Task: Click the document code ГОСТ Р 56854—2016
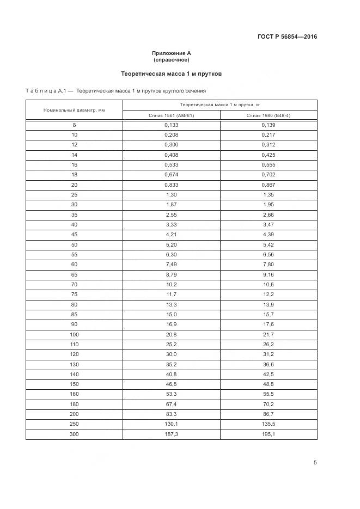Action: (x=287, y=37)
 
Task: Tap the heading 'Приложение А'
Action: (x=172, y=53)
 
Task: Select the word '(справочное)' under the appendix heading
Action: (x=172, y=59)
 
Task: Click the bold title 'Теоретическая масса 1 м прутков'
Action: (x=171, y=73)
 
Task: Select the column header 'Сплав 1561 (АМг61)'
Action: (x=172, y=115)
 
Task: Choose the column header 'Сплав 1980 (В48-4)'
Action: (x=269, y=115)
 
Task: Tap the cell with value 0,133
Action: (x=172, y=125)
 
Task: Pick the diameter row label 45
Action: (x=74, y=235)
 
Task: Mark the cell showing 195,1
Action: (x=269, y=434)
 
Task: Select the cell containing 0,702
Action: (x=269, y=175)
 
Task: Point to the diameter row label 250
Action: (x=74, y=424)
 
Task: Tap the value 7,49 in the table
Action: (x=172, y=265)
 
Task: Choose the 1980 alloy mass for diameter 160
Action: (x=269, y=394)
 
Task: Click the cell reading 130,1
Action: (x=172, y=424)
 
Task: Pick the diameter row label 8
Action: (x=74, y=125)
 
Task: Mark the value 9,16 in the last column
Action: (x=269, y=274)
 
